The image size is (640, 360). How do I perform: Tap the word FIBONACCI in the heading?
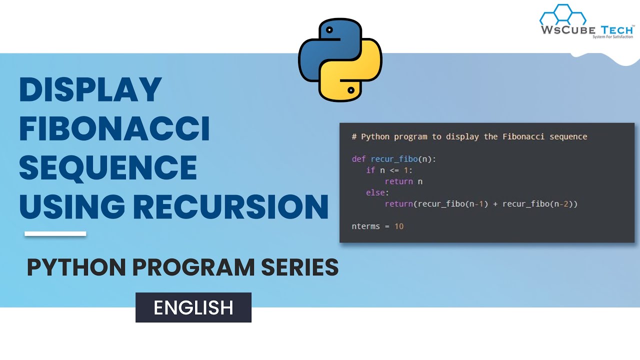[114, 129]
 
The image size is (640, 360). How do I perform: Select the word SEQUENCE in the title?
[108, 168]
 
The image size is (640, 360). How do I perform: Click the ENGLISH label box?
[193, 307]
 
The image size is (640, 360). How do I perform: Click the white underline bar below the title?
[55, 233]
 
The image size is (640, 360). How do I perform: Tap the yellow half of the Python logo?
[357, 75]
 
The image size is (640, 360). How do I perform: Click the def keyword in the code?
[358, 159]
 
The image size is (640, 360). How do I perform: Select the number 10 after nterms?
[398, 226]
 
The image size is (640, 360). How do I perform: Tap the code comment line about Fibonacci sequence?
[469, 136]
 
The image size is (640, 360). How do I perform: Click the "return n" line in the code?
[403, 181]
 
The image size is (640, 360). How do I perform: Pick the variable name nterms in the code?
[366, 226]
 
